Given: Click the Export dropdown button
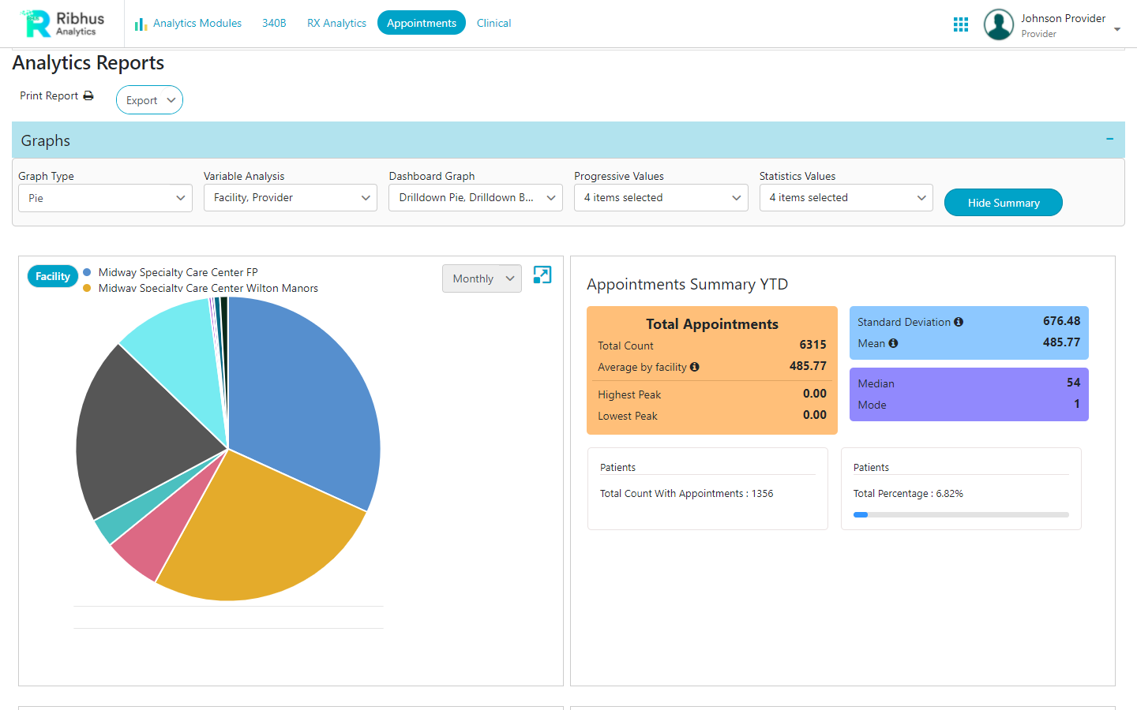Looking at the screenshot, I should click(149, 100).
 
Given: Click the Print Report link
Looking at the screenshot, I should click(56, 95).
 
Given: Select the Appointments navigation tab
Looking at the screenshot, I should click(421, 23).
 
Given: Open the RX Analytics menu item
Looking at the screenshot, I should click(336, 23).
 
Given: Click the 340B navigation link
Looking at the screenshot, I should click(274, 23).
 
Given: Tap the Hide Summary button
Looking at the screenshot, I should click(1003, 203).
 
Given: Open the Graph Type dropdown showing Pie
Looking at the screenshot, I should click(105, 198).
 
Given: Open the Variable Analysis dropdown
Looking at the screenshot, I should click(290, 198).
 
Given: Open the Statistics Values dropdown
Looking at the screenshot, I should click(846, 198).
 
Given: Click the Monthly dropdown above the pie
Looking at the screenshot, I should click(482, 278).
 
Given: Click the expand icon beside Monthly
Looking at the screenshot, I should click(542, 275).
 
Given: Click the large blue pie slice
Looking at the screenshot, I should click(308, 394).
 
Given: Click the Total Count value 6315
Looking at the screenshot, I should click(812, 345).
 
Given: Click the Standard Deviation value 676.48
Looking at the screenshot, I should click(1060, 321).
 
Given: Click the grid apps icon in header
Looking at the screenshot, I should click(960, 24).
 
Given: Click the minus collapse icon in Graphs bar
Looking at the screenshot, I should click(1109, 139).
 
